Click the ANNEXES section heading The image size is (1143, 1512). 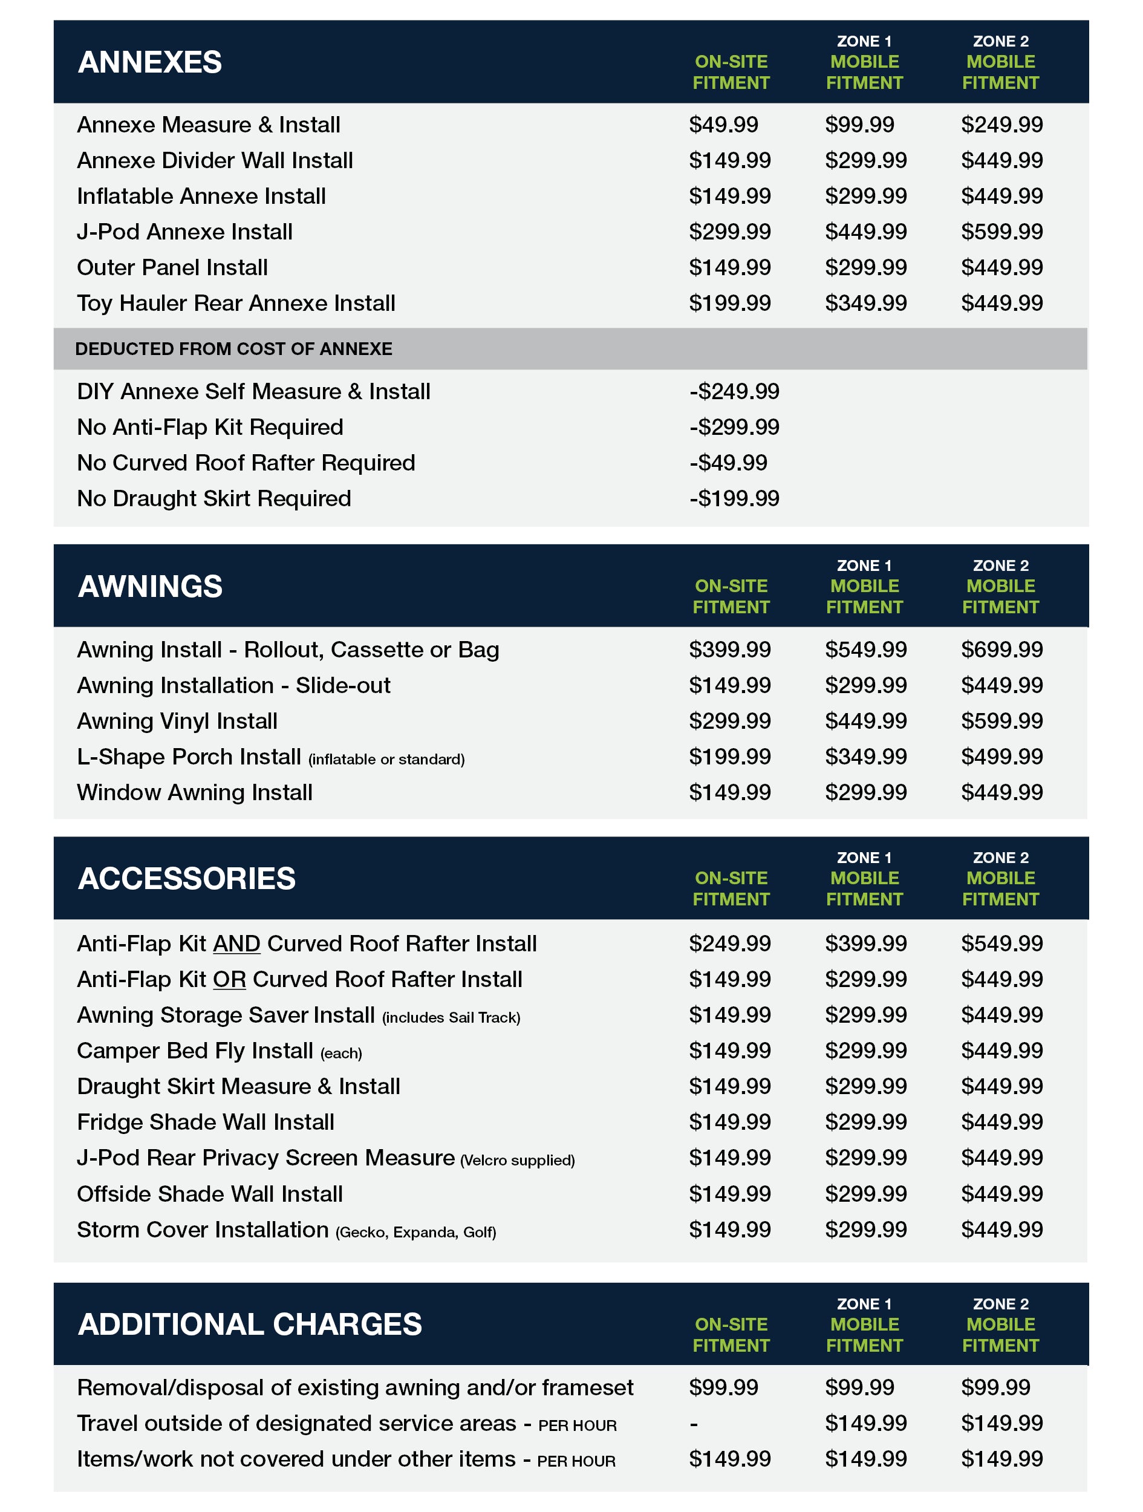coord(150,62)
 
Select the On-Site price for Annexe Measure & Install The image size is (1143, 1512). coord(723,125)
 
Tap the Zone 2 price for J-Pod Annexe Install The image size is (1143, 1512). coord(1001,232)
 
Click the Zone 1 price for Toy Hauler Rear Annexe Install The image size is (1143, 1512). coord(865,303)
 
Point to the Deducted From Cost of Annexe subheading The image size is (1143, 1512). coord(234,348)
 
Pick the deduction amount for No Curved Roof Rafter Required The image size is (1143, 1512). coord(728,463)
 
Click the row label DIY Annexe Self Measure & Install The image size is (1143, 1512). coord(253,392)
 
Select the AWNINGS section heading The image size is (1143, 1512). coord(150,587)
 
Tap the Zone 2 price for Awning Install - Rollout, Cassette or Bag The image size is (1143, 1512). coord(1001,650)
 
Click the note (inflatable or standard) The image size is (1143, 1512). coord(386,760)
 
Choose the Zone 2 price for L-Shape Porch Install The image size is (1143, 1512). coord(1001,757)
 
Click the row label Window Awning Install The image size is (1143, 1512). coord(195,792)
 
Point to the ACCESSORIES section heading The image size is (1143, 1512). coord(187,878)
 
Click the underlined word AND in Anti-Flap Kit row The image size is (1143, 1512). coord(236,944)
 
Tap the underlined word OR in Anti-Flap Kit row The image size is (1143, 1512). coord(229,980)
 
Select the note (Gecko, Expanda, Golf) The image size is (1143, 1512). coord(415,1233)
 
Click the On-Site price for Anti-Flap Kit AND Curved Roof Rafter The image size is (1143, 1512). coord(729,943)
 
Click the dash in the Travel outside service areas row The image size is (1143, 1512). coord(694,1424)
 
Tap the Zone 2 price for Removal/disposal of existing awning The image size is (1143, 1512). coord(995,1387)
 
